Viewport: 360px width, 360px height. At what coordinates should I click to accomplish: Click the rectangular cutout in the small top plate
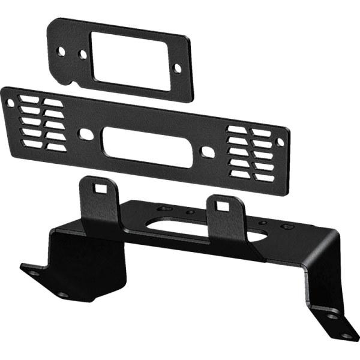click(128, 60)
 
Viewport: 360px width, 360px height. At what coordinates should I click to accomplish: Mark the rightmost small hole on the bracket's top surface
click(289, 229)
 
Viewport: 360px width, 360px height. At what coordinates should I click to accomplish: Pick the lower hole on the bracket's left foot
click(62, 295)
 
